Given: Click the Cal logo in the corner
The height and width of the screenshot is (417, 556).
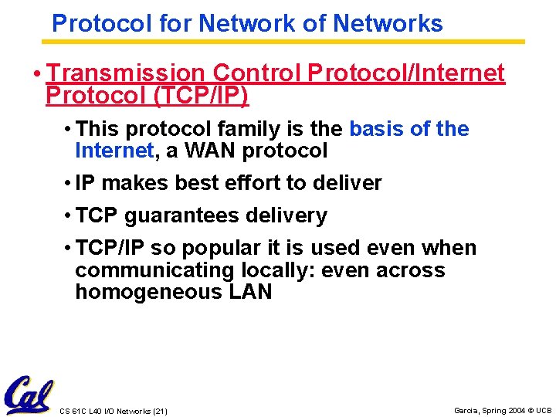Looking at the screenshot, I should click(29, 395).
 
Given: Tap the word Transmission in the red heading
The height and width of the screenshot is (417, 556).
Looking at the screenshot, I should click(126, 73).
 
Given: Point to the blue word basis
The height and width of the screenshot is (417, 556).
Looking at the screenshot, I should click(377, 128).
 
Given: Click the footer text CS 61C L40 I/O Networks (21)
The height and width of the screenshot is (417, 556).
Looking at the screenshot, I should click(114, 411).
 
